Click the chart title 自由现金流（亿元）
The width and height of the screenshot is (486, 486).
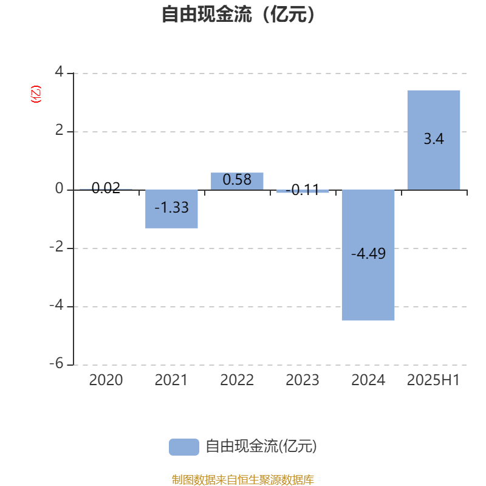[x=238, y=14]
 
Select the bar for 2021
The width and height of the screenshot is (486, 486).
[x=171, y=209]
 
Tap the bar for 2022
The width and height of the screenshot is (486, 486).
[x=237, y=181]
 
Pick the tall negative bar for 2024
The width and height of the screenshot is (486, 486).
[x=368, y=255]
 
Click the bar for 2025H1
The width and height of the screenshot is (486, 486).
[x=434, y=140]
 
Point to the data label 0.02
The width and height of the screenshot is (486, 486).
[x=106, y=188]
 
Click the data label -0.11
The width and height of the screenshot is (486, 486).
[x=303, y=190]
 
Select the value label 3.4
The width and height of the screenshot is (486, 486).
[x=434, y=139]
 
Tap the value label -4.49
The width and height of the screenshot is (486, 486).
[x=368, y=253]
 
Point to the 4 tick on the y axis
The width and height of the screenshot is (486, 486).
[x=59, y=72]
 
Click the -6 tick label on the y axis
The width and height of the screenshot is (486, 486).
[x=56, y=363]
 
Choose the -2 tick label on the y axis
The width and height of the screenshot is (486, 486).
[x=56, y=247]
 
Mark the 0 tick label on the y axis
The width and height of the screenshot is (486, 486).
[x=59, y=188]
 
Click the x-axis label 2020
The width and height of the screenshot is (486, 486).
[x=106, y=380]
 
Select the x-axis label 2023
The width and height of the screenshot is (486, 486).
[x=303, y=380]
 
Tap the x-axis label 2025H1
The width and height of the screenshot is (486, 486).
[x=433, y=380]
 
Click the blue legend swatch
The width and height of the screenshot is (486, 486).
[x=184, y=447]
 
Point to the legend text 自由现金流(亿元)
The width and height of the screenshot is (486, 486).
[x=261, y=447]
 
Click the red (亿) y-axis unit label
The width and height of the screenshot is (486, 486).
[x=36, y=94]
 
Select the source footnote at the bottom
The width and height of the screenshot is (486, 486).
[x=242, y=480]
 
